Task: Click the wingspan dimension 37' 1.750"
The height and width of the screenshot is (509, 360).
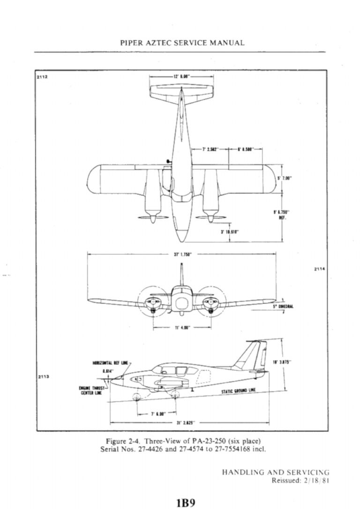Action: pyautogui.click(x=180, y=255)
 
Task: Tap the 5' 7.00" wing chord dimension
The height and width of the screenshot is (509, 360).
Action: pyautogui.click(x=285, y=178)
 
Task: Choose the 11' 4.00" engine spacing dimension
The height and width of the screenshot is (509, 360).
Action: pyautogui.click(x=180, y=328)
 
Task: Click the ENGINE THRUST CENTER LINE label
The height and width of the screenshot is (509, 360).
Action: pyautogui.click(x=92, y=390)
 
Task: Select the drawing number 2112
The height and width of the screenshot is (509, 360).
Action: pyautogui.click(x=42, y=75)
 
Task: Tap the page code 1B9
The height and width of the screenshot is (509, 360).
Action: pyautogui.click(x=182, y=502)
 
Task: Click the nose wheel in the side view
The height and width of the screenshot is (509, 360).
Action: pyautogui.click(x=136, y=397)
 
